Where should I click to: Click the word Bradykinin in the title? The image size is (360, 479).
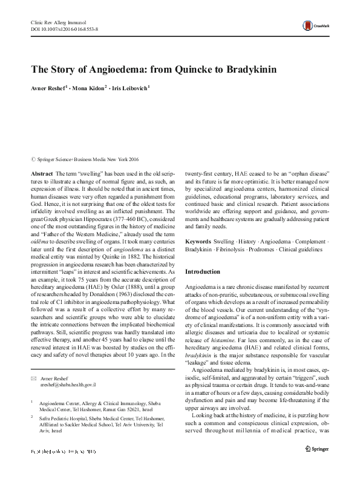click(x=249, y=68)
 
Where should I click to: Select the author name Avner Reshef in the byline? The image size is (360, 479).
click(x=50, y=88)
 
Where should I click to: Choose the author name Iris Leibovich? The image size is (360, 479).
click(x=129, y=88)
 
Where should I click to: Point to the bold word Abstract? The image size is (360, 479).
click(x=41, y=174)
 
